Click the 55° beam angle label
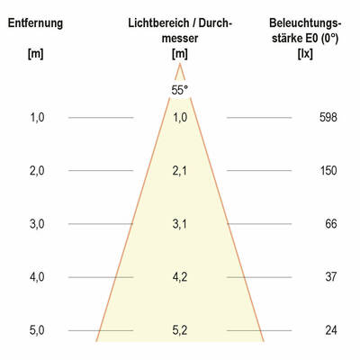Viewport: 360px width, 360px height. [x=179, y=90]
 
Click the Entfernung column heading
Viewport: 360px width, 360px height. [x=36, y=22]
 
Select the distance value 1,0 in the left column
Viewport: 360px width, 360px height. [x=36, y=118]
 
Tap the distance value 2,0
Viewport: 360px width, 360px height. [x=36, y=171]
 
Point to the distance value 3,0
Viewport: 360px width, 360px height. [x=36, y=224]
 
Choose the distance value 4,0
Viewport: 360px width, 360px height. [x=36, y=277]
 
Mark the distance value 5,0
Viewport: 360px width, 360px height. [x=36, y=330]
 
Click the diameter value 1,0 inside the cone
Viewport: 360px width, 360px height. [x=179, y=118]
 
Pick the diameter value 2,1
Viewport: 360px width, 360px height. [x=179, y=171]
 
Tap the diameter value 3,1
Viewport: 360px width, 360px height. [x=179, y=224]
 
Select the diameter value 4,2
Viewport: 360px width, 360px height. [x=179, y=277]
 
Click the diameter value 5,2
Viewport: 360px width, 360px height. [x=179, y=330]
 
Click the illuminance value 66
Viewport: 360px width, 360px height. [x=329, y=224]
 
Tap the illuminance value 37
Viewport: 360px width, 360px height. [x=329, y=277]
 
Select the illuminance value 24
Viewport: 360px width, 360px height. [x=329, y=330]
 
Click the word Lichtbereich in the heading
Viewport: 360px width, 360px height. [x=156, y=22]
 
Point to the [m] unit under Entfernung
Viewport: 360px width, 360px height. [x=36, y=55]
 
